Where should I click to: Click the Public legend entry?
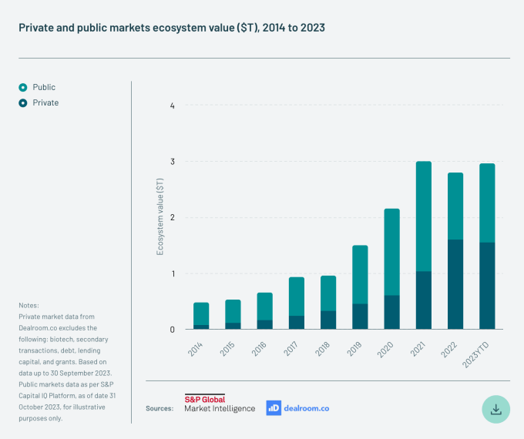pos(38,88)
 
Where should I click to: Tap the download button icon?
pos(496,408)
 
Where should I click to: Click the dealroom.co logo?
pos(297,407)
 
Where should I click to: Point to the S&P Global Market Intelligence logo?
pos(219,403)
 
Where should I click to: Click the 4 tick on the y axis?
pos(172,106)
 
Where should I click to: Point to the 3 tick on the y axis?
pos(172,162)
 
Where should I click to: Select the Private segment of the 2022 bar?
pos(455,284)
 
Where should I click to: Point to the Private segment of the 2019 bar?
pos(360,317)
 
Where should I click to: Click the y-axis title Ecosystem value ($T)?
pos(160,216)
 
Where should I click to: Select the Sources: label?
pos(160,408)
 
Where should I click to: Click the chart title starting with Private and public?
pos(172,27)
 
